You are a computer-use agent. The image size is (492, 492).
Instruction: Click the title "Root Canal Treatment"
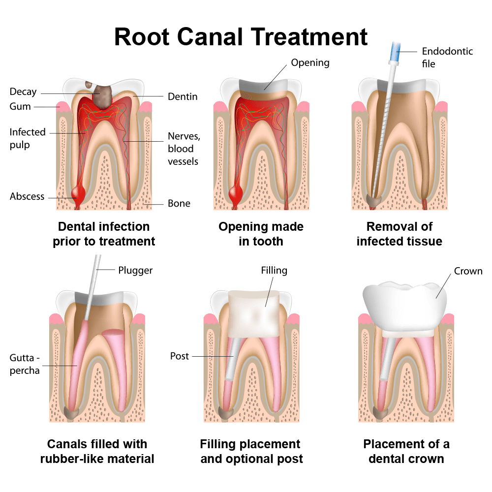(x=241, y=36)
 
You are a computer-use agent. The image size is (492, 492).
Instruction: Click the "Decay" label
(x=23, y=92)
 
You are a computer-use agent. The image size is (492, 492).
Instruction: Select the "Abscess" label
(x=27, y=196)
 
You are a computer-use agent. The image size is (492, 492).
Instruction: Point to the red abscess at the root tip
(x=79, y=192)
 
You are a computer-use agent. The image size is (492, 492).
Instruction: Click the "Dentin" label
(x=183, y=96)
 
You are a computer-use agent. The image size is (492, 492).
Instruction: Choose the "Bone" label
(x=179, y=203)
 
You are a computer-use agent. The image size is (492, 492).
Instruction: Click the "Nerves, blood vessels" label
(x=184, y=149)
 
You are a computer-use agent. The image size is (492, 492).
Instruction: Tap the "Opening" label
(x=310, y=62)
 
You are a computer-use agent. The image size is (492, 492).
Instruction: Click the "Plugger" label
(x=135, y=270)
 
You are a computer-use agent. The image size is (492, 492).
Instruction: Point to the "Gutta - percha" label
(x=25, y=364)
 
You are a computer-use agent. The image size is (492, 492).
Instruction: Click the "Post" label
(x=180, y=356)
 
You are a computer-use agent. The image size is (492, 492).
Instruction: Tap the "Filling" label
(x=274, y=270)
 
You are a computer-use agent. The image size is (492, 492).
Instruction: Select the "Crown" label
(x=468, y=271)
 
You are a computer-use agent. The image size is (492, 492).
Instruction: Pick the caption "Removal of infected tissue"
(x=399, y=234)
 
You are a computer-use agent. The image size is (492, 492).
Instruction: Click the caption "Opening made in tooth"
(x=261, y=234)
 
